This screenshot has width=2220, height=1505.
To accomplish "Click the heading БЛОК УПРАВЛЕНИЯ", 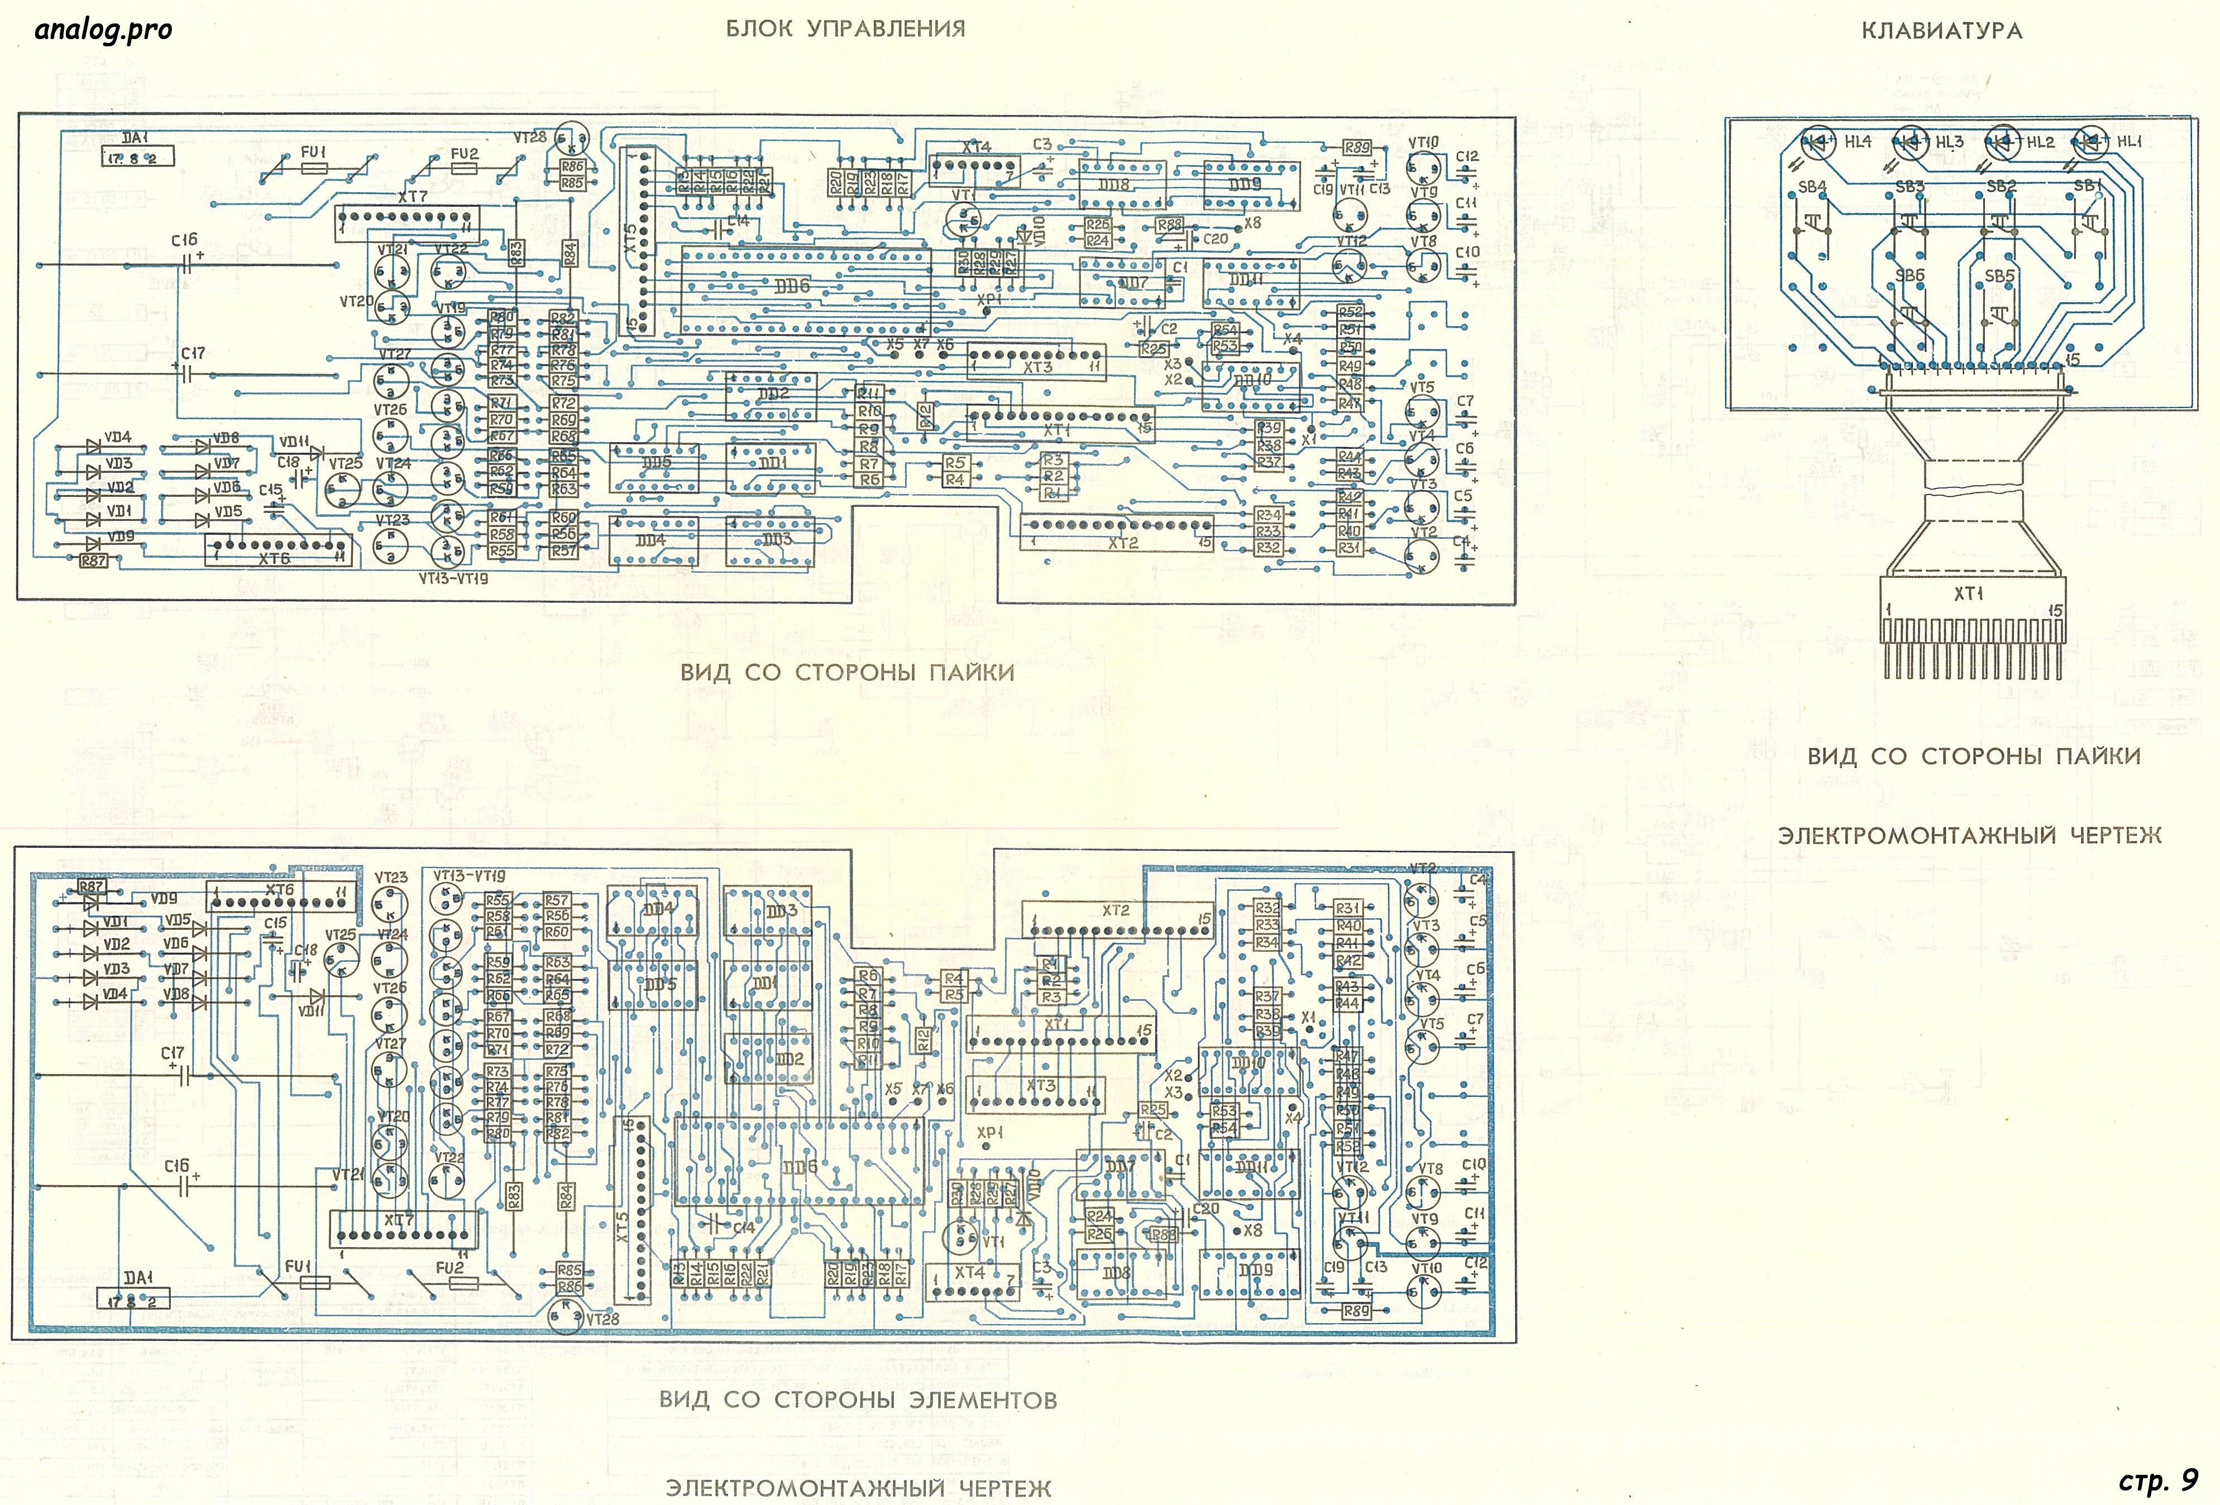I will (x=845, y=28).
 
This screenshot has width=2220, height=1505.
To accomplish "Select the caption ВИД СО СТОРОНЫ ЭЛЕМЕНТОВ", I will (x=858, y=1400).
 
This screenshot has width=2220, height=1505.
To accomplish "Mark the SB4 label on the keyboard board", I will (x=1812, y=187).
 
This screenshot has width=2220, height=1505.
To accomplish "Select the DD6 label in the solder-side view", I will (x=792, y=285).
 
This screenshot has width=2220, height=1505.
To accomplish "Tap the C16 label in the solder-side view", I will (x=184, y=241).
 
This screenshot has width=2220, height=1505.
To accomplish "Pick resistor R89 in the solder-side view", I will (x=1356, y=148).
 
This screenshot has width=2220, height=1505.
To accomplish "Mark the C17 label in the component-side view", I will (x=173, y=1053).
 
